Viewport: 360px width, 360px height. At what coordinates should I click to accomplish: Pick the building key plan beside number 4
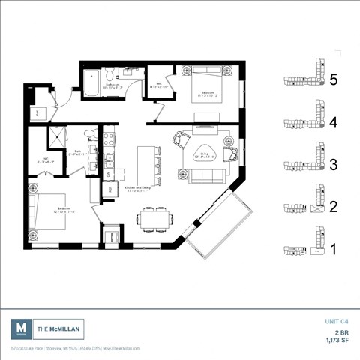(304, 121)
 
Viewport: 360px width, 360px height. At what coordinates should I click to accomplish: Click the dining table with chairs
(154, 219)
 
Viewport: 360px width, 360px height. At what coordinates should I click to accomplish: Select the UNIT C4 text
(337, 321)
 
